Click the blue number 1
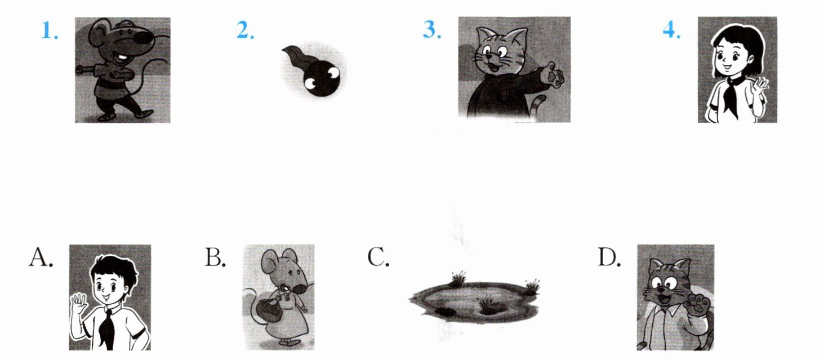tap(50, 30)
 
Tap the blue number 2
tap(245, 30)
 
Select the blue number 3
tap(432, 30)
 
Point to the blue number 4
tap(671, 30)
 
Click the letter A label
tap(41, 257)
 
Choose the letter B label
tap(215, 257)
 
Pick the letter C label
tap(378, 257)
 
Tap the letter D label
tap(609, 257)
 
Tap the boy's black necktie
tap(107, 328)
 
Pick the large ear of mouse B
tap(271, 263)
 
